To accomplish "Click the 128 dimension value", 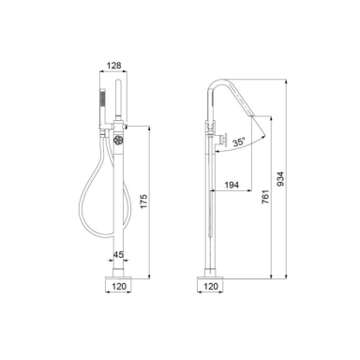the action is pyautogui.click(x=113, y=66).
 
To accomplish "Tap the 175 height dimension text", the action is pyautogui.click(x=143, y=202).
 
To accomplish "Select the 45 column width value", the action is pyautogui.click(x=118, y=255).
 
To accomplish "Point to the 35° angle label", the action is pyautogui.click(x=238, y=142).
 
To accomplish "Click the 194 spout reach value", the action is pyautogui.click(x=232, y=185).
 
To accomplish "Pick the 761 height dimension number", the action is pyautogui.click(x=265, y=197).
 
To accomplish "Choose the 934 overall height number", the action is pyautogui.click(x=280, y=179).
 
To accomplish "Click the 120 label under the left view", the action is pyautogui.click(x=119, y=286).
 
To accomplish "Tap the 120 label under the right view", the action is pyautogui.click(x=211, y=286).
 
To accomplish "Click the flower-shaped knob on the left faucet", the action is pyautogui.click(x=118, y=140).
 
